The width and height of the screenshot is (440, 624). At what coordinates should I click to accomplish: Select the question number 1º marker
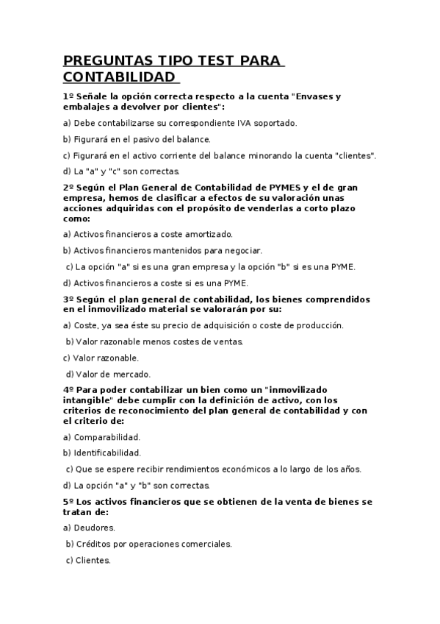[x=68, y=96]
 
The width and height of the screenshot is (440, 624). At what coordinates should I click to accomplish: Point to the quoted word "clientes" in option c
[x=354, y=155]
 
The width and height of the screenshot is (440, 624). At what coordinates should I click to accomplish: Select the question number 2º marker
[x=68, y=188]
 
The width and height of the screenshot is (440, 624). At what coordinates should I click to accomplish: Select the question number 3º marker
[x=68, y=299]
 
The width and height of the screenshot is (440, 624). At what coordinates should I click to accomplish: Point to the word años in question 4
[x=349, y=469]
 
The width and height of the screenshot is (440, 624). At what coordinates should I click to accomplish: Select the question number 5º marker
[x=68, y=502]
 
